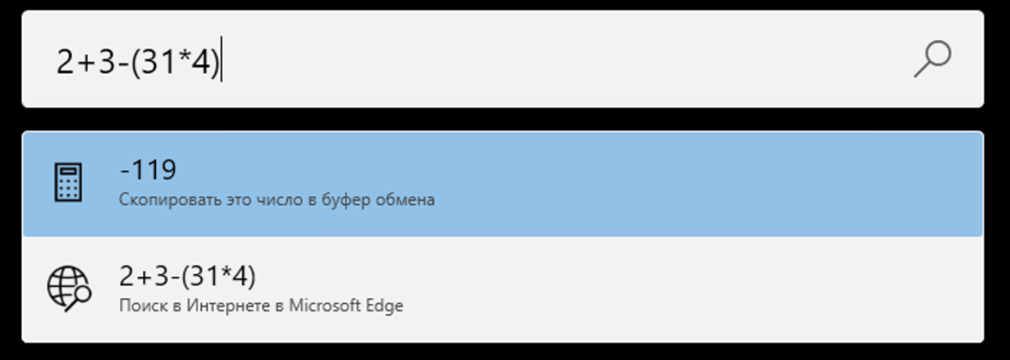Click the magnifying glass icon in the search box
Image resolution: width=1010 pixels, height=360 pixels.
931,58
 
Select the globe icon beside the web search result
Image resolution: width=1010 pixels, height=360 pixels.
68,288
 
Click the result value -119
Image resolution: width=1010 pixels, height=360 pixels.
148,170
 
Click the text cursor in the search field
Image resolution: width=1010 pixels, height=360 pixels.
222,62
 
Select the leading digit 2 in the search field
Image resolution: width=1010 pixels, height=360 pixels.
65,62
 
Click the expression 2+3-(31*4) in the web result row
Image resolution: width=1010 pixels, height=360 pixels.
188,277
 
